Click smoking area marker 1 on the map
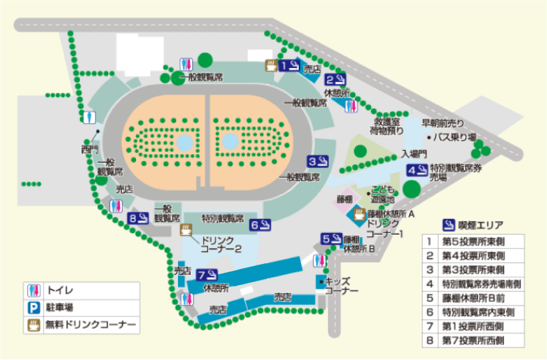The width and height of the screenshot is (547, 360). point(289,66)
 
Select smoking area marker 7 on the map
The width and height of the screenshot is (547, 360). point(208,274)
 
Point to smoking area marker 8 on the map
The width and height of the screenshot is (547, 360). point(139,218)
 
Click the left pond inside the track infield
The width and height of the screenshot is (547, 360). point(185,143)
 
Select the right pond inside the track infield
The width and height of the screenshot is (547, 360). point(230,143)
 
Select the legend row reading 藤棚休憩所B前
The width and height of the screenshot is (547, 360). point(473,298)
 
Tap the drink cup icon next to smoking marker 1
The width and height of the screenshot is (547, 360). point(271,66)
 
